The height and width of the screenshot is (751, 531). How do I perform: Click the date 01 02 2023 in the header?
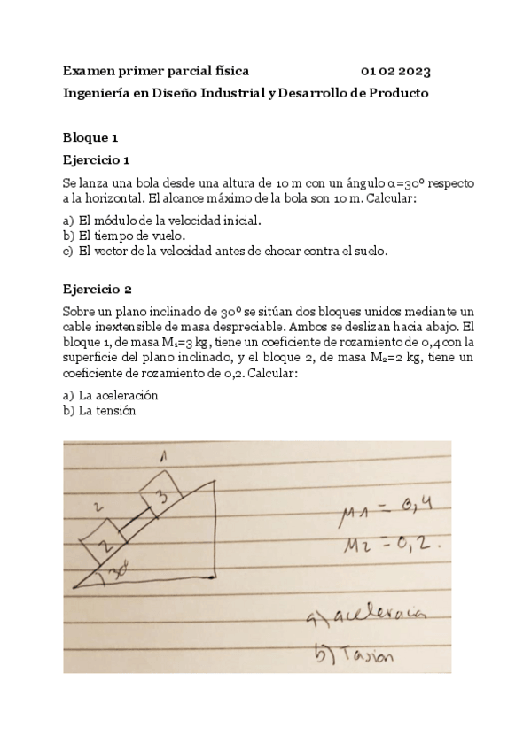[x=396, y=70]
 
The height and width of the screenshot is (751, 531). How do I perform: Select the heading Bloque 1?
[x=90, y=137]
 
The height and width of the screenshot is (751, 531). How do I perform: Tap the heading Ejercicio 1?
[x=97, y=160]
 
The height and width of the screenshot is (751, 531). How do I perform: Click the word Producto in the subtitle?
[x=399, y=92]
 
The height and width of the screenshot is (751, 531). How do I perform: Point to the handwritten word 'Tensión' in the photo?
[x=359, y=655]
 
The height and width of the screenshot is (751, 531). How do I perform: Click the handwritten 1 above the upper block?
[x=162, y=457]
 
